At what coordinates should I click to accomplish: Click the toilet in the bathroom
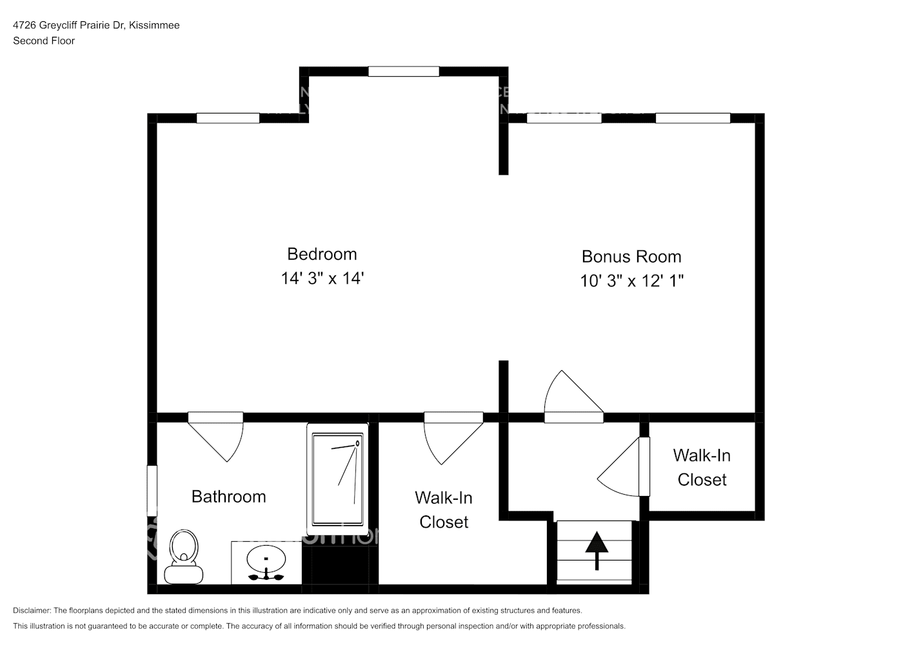click(x=184, y=556)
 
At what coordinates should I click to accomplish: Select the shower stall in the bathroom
click(x=337, y=479)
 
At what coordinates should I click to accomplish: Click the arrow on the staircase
click(x=597, y=550)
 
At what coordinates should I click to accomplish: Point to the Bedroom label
click(x=322, y=254)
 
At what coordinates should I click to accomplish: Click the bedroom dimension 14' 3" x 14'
click(x=322, y=279)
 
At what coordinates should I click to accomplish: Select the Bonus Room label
click(x=631, y=257)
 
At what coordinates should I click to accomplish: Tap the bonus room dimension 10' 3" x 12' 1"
click(x=631, y=281)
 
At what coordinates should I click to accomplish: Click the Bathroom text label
click(x=228, y=497)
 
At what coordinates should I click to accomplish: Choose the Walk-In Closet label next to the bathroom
click(x=444, y=510)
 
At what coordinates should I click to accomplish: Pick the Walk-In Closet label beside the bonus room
click(x=702, y=468)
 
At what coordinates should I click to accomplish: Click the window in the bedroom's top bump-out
click(x=404, y=72)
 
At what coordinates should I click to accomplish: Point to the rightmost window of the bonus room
click(x=693, y=118)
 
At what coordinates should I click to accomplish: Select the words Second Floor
click(x=44, y=41)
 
